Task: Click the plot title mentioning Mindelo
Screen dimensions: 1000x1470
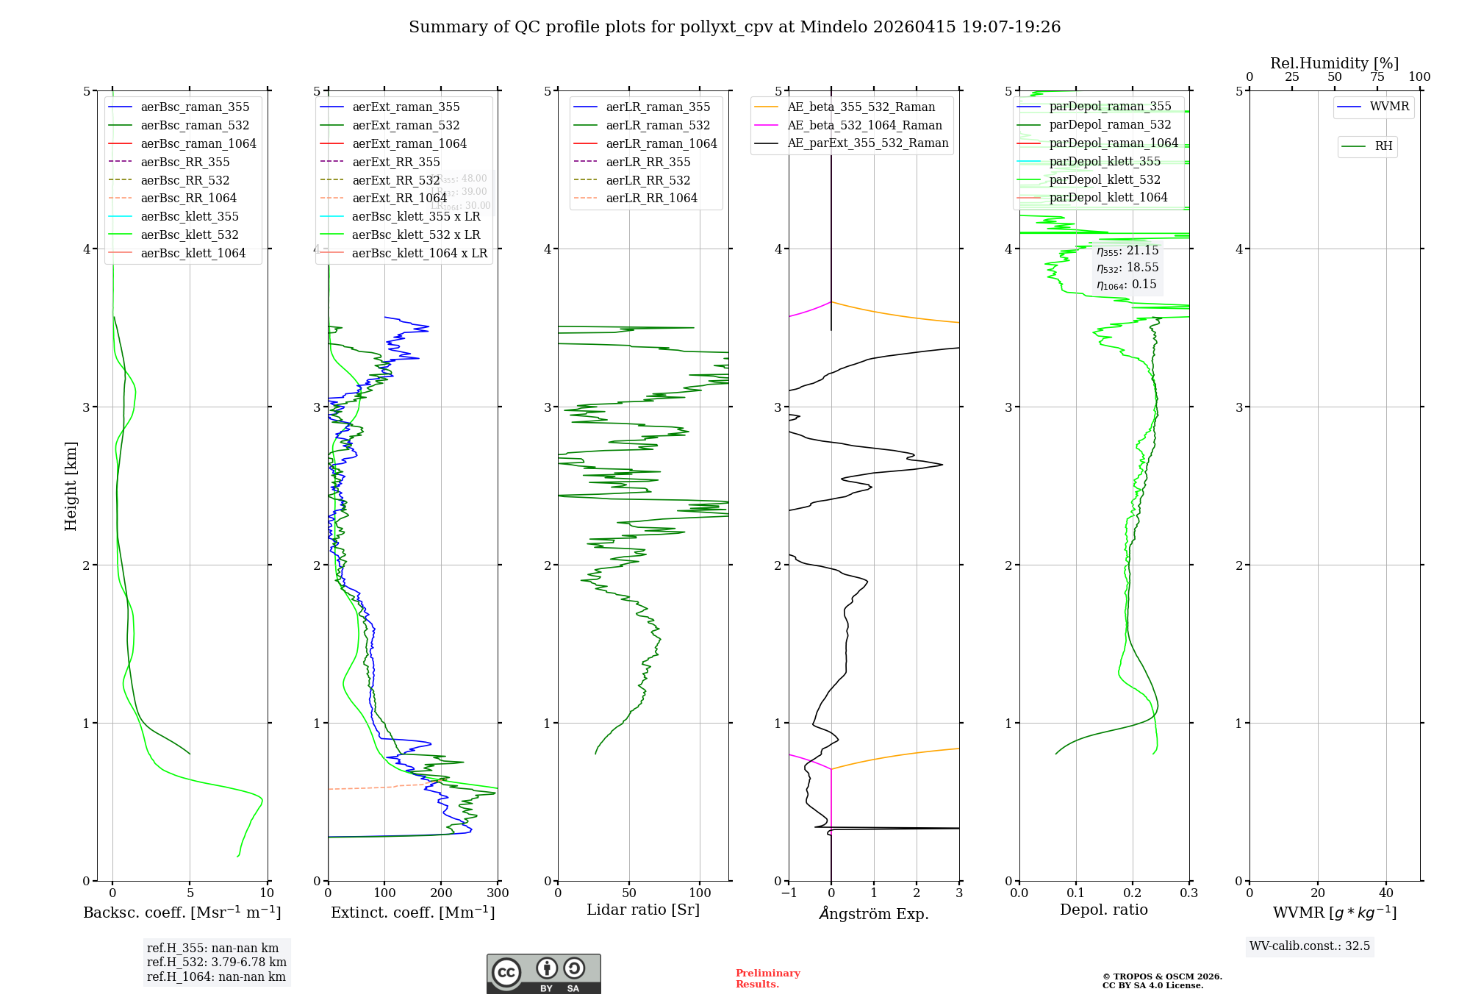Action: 734,27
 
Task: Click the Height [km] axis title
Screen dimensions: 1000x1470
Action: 71,485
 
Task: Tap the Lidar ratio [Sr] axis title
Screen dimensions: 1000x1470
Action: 643,910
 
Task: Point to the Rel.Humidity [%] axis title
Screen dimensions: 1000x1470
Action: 1334,64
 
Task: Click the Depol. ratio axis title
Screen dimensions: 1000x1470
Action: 1103,910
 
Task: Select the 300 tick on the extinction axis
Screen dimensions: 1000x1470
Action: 498,893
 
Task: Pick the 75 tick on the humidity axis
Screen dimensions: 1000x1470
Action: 1377,77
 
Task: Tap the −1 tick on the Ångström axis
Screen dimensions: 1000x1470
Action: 789,893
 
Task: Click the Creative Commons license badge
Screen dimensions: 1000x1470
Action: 543,974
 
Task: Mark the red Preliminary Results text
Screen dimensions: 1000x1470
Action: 767,979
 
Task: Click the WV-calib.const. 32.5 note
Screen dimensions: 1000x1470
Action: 1309,946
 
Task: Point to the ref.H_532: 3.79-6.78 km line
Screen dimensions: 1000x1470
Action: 216,963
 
